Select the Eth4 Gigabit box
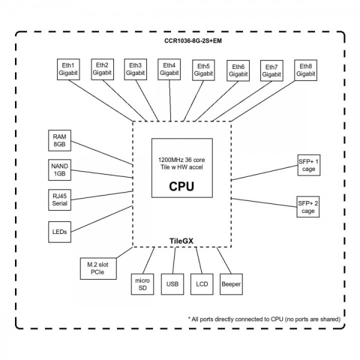[169, 68]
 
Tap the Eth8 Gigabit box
[305, 70]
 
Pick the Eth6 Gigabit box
[238, 70]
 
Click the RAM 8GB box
[60, 140]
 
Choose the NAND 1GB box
[60, 170]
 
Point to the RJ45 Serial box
[60, 200]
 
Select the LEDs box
[60, 231]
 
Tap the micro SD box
[142, 283]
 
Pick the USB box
[172, 283]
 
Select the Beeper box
[231, 283]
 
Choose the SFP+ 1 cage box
[308, 165]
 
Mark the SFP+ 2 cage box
[308, 207]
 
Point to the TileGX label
[181, 241]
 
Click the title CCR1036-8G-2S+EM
[179, 41]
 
